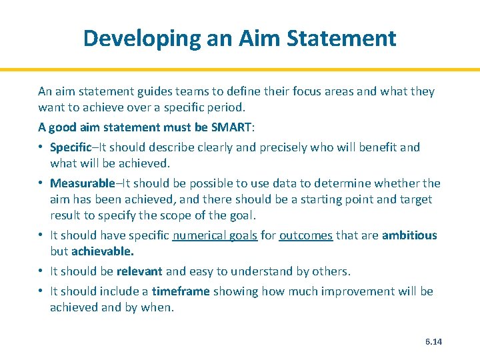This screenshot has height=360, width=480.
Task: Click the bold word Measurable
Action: point(82,183)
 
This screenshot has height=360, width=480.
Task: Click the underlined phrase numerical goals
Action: point(215,235)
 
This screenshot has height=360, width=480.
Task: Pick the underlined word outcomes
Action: point(306,235)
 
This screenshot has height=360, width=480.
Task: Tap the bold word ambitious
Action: point(409,235)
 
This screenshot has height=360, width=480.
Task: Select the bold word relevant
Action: point(140,271)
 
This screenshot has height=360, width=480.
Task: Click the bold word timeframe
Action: point(181,291)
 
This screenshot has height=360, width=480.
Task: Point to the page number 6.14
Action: point(433,342)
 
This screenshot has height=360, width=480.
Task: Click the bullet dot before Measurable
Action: point(41,183)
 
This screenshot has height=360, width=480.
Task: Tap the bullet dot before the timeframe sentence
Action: point(41,291)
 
